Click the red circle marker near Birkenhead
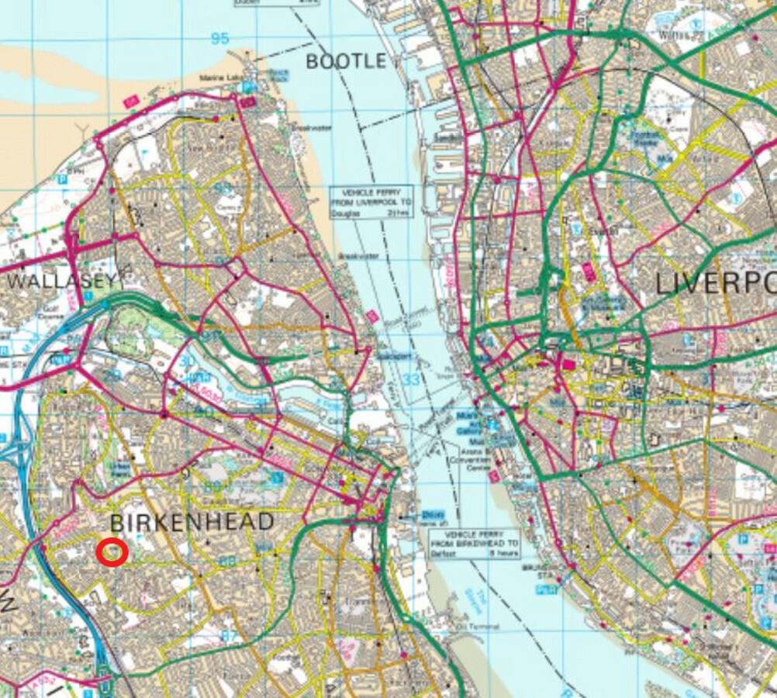pos(113,553)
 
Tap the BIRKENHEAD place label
pos(192,522)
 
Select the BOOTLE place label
pos(346,61)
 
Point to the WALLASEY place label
pos(60,280)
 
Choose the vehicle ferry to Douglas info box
pos(360,202)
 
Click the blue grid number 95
pos(219,39)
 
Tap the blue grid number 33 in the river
pos(411,380)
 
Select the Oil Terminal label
pos(474,626)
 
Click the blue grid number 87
pos(229,634)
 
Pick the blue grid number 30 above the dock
pos(185,362)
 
